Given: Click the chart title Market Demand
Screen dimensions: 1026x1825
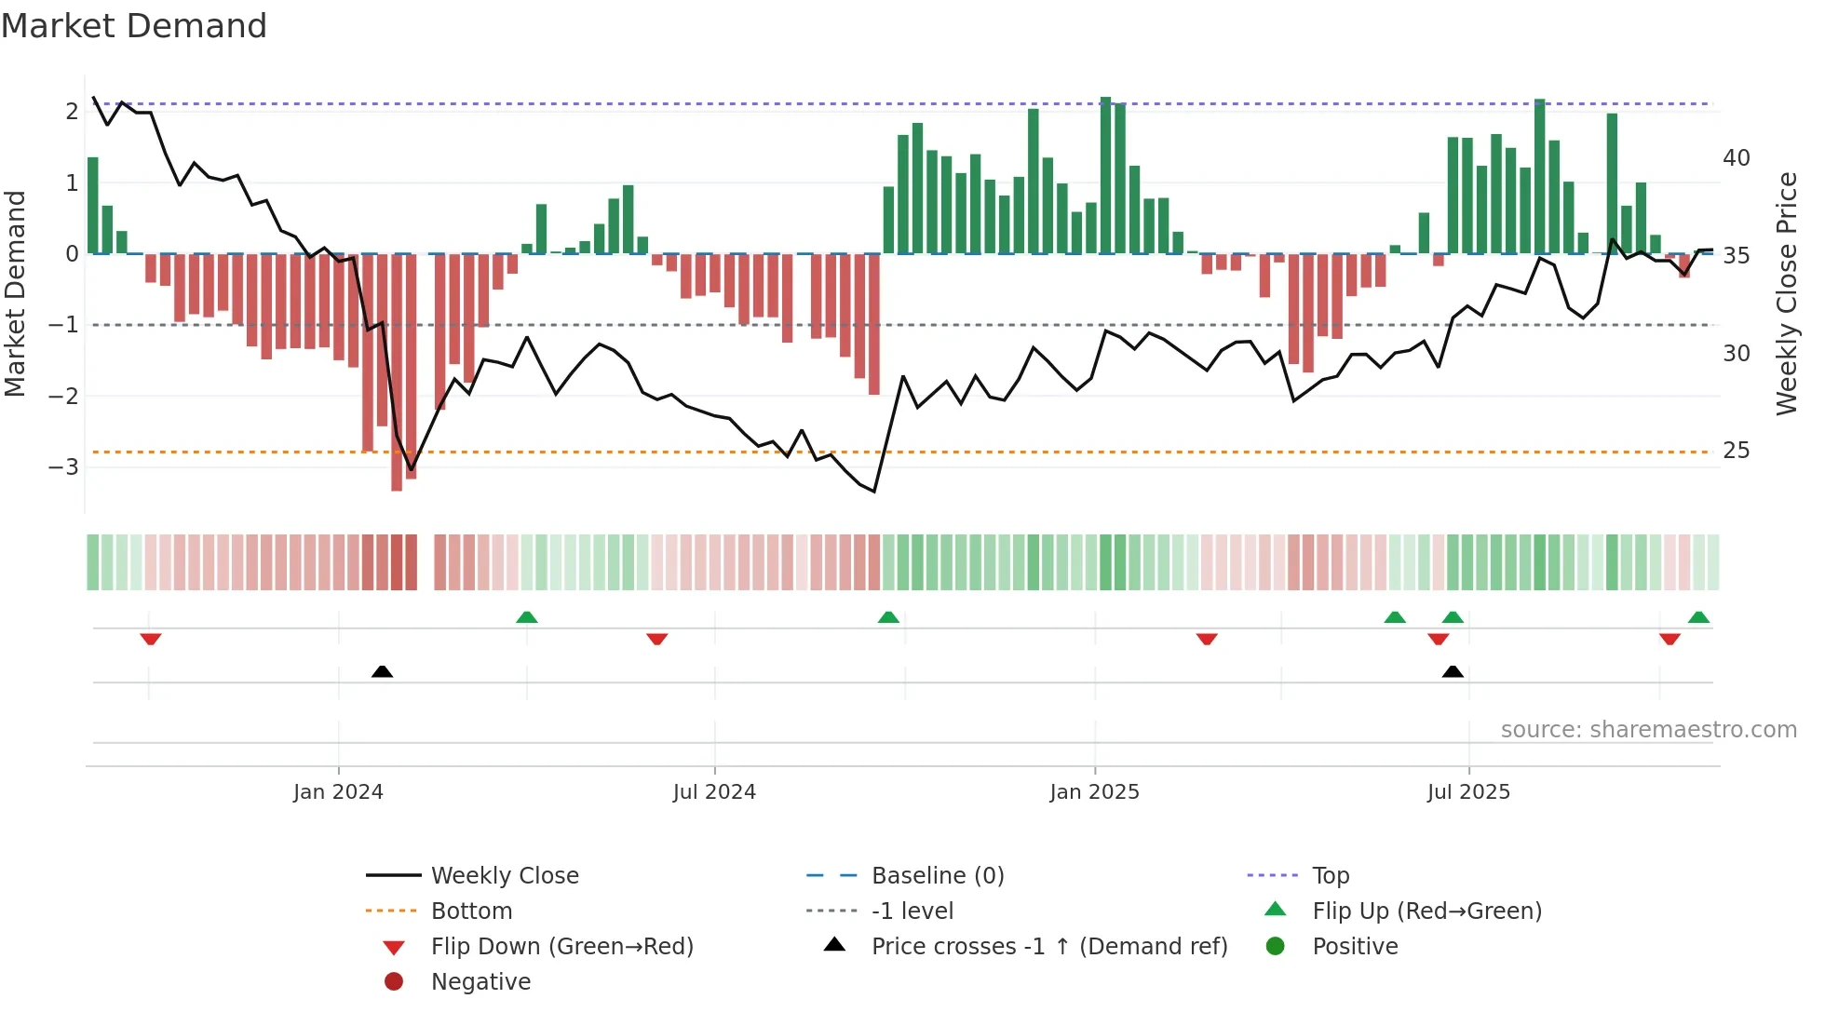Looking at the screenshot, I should pos(134,26).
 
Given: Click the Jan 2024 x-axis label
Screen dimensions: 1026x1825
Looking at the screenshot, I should pos(338,792).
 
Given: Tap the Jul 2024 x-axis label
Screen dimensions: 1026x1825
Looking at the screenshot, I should pos(714,792).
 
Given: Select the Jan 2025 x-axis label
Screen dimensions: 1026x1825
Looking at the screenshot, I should pos(1094,792).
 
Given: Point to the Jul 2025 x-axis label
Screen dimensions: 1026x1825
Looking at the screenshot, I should pos(1468,792).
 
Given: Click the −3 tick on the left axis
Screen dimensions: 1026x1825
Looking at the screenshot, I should pos(64,466).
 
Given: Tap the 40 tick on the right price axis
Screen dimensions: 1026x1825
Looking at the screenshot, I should pos(1736,157).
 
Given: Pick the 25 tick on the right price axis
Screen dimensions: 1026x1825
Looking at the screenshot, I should pos(1736,451).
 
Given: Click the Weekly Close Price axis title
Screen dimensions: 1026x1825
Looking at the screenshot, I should pos(1786,293).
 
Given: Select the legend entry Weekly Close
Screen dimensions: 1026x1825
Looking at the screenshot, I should pos(504,876).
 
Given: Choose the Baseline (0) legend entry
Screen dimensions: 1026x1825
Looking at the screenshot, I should pos(937,876).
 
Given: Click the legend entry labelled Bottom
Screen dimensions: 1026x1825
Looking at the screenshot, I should pos(471,911).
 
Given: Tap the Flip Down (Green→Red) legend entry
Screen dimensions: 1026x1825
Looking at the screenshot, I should pos(561,947).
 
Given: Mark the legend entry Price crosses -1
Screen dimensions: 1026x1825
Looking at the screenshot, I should pos(1048,947).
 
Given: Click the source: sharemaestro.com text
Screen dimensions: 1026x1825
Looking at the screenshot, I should pos(1648,730).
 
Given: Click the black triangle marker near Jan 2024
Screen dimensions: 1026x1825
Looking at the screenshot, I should pos(382,671).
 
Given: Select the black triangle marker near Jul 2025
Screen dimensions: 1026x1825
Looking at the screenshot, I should pos(1453,671).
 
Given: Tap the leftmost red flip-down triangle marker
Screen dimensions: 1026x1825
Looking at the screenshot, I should pos(151,639).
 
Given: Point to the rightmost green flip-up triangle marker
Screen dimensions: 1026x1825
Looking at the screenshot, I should pos(1698,617).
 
